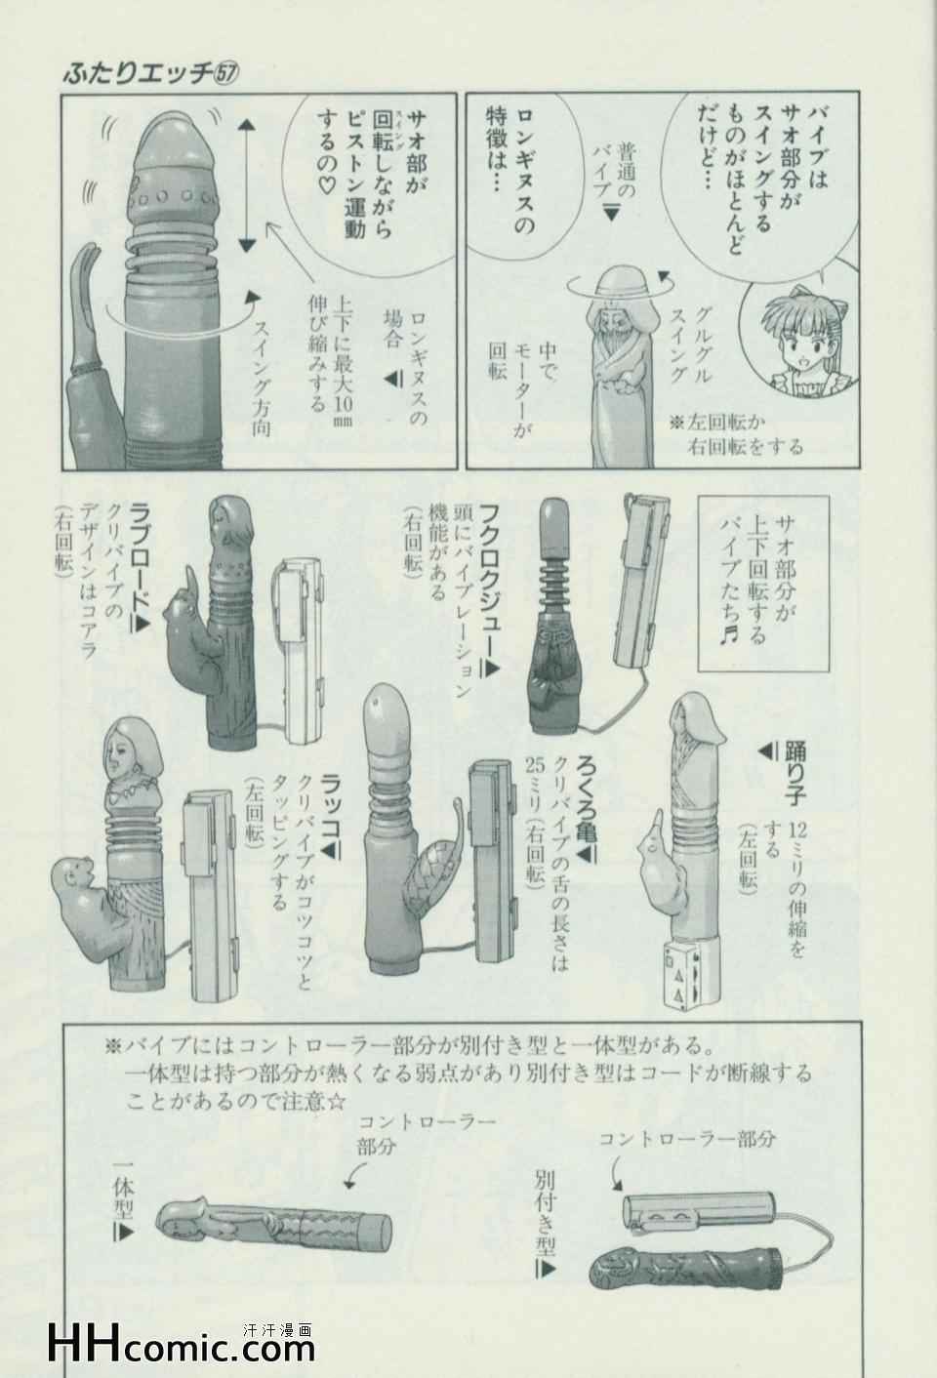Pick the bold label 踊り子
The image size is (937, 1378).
794,774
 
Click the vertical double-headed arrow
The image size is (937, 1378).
246,185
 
